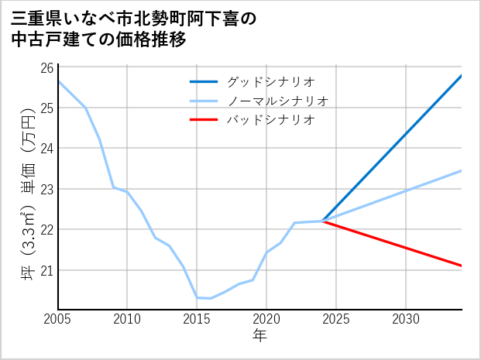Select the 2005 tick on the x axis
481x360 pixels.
[x=58, y=319]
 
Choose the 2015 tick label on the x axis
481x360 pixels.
[x=197, y=319]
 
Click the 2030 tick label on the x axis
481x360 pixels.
[x=406, y=319]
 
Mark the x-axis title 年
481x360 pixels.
[x=259, y=335]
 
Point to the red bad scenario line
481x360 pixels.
[x=395, y=244]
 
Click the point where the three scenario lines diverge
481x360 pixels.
[x=322, y=221]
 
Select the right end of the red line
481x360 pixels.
[x=462, y=266]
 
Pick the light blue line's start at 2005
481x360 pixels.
[x=59, y=81]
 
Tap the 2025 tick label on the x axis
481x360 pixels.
[x=336, y=319]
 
